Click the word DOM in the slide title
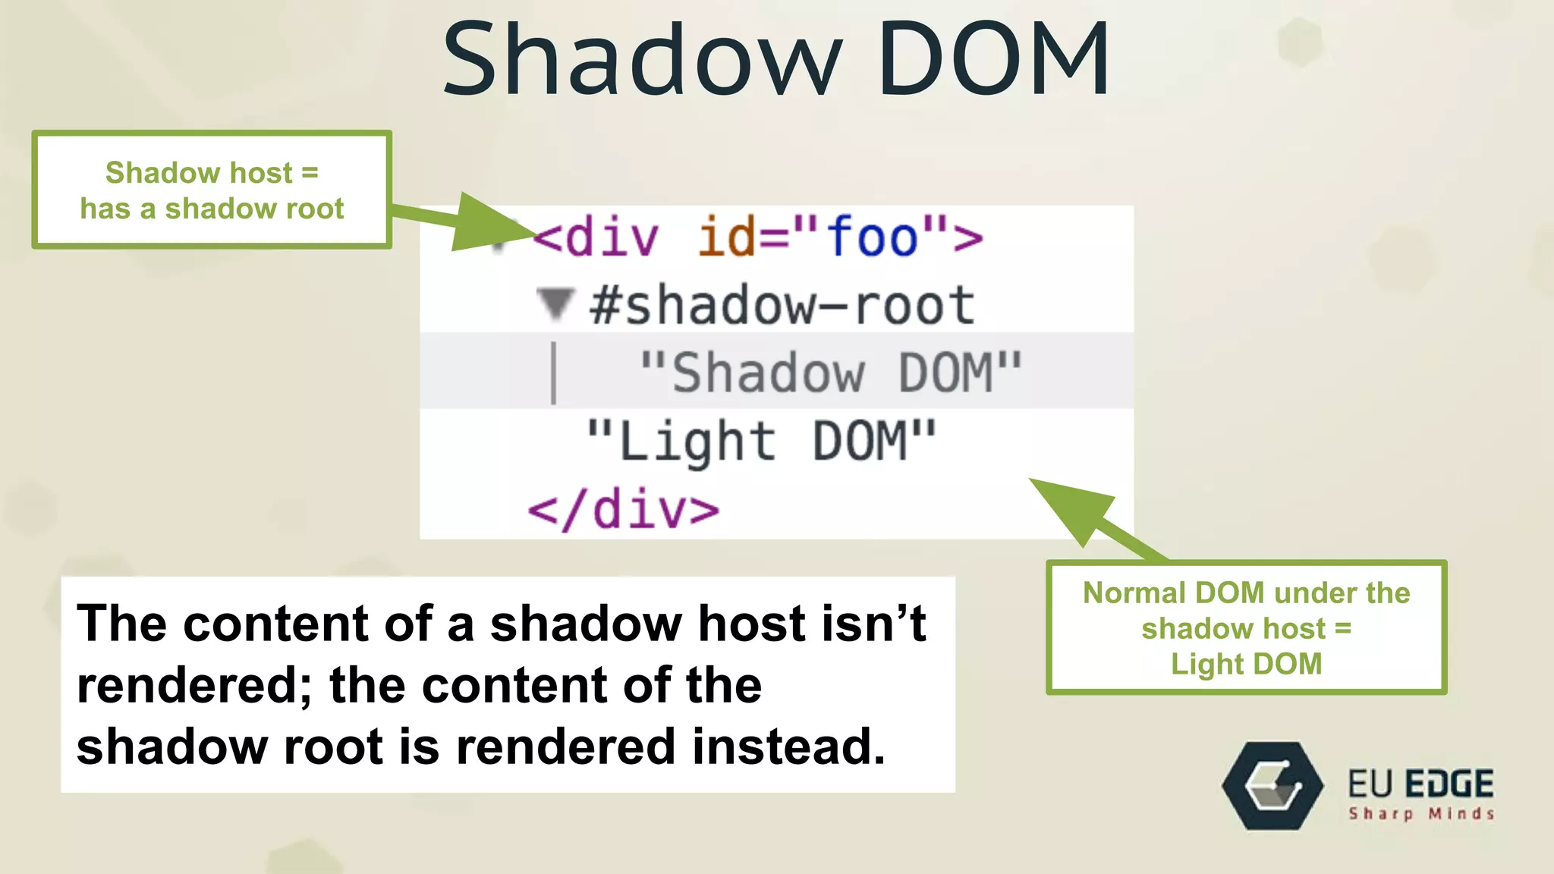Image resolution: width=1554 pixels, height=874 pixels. (x=994, y=59)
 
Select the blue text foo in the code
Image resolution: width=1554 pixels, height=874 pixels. (x=873, y=237)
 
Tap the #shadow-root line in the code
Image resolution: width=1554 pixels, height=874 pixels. (x=782, y=306)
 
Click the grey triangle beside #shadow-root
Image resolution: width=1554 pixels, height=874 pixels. (x=555, y=304)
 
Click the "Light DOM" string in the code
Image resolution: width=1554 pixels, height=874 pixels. (x=761, y=442)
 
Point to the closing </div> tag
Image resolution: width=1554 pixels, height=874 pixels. (x=624, y=510)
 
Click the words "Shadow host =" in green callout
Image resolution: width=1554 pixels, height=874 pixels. (x=212, y=173)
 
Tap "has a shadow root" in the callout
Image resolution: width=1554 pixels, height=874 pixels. (x=212, y=209)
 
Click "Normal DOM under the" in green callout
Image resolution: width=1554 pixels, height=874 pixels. (x=1246, y=593)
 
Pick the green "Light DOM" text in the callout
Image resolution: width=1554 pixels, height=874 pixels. (x=1246, y=664)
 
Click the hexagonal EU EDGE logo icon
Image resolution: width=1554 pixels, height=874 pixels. (x=1272, y=786)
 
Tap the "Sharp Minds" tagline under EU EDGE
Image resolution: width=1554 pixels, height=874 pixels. (x=1421, y=814)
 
